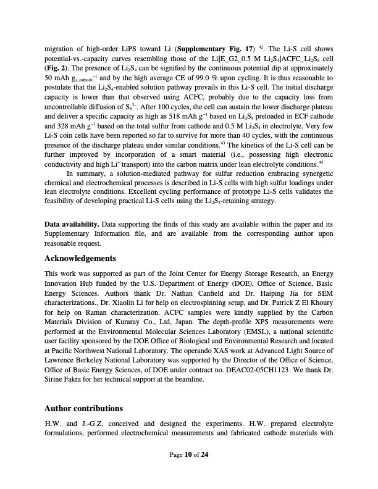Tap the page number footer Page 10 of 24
tap(189, 472)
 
